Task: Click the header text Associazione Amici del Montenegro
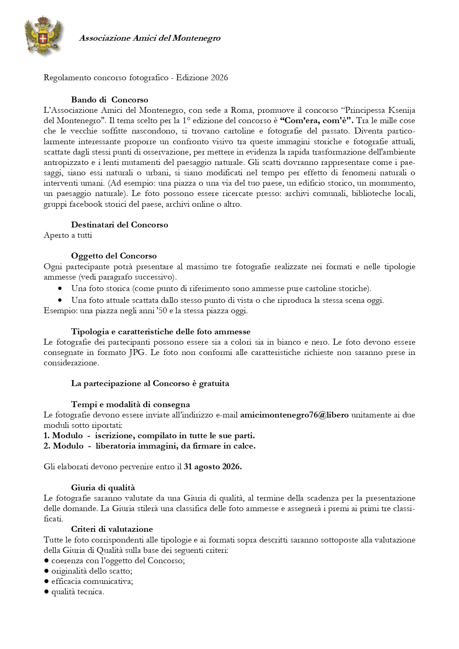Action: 149,38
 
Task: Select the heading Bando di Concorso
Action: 109,100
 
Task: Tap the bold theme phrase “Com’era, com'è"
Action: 317,121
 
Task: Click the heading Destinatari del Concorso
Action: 119,225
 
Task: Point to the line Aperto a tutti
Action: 68,235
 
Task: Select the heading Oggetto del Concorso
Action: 114,256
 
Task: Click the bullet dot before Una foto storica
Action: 60,288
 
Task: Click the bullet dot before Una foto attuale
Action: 60,300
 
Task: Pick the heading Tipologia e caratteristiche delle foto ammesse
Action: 161,332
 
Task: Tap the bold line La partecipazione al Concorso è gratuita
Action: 150,383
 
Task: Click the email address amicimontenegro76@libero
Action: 294,415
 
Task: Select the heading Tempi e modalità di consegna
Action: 130,405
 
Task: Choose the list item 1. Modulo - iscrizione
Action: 149,436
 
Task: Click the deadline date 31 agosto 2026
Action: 213,467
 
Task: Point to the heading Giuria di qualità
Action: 103,488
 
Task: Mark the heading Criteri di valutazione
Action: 112,529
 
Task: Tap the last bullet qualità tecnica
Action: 78,592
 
